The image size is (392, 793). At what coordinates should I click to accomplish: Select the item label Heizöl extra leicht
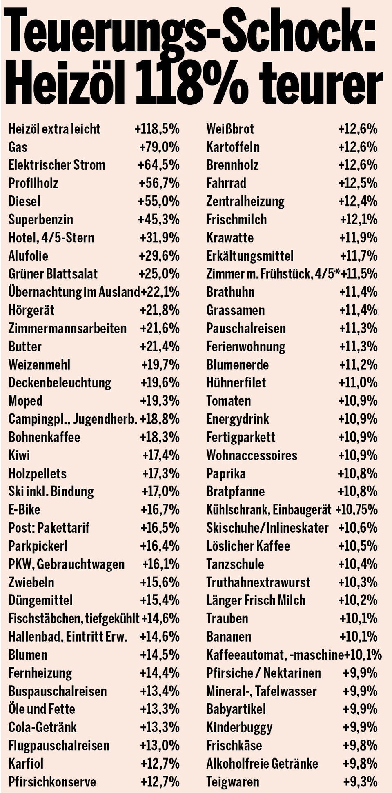pyautogui.click(x=54, y=129)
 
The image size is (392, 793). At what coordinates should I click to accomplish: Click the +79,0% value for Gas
pyautogui.click(x=159, y=147)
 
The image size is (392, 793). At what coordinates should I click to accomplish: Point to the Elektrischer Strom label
pyautogui.click(x=57, y=165)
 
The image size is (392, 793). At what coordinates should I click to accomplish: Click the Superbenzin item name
pyautogui.click(x=40, y=220)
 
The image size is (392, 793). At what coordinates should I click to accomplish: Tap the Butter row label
pyautogui.click(x=25, y=347)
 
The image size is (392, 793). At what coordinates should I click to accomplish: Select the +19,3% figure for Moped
pyautogui.click(x=160, y=401)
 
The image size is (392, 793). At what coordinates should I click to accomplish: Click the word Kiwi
pyautogui.click(x=19, y=455)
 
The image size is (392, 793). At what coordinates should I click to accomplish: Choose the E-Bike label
pyautogui.click(x=24, y=509)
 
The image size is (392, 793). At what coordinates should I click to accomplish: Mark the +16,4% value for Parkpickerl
pyautogui.click(x=160, y=546)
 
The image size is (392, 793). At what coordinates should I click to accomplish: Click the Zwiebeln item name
pyautogui.click(x=31, y=582)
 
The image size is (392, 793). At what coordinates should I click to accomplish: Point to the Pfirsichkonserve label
pyautogui.click(x=52, y=782)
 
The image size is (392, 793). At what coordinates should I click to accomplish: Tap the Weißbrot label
pyautogui.click(x=230, y=129)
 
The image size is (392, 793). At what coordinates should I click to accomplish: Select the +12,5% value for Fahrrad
pyautogui.click(x=358, y=183)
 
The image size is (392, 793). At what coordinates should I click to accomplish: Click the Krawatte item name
pyautogui.click(x=230, y=238)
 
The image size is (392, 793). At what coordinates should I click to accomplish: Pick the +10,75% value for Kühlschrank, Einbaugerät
pyautogui.click(x=356, y=509)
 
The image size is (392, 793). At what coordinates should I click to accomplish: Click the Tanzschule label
pyautogui.click(x=235, y=564)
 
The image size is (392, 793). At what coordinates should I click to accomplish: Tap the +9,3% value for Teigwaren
pyautogui.click(x=360, y=782)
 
